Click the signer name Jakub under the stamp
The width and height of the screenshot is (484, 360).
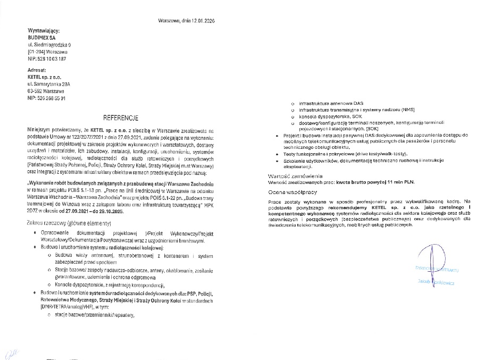pos(423,283)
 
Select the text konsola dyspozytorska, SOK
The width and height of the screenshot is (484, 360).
pos(330,116)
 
